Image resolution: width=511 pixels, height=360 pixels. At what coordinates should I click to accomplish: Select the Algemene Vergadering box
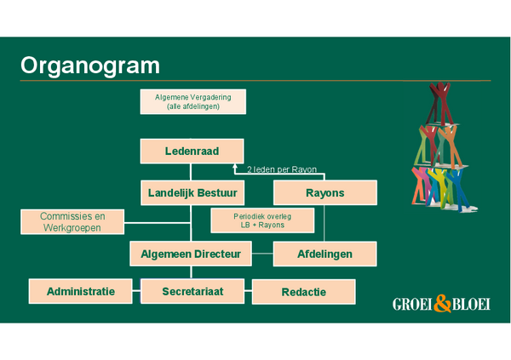192,101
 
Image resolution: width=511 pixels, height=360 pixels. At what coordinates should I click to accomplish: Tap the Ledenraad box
192,151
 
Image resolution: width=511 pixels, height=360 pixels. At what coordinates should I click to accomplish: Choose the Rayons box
324,193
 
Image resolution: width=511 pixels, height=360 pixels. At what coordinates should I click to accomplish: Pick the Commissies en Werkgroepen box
72,222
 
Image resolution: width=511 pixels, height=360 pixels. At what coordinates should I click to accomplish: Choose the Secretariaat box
192,291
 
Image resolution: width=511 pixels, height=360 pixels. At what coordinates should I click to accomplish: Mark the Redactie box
303,292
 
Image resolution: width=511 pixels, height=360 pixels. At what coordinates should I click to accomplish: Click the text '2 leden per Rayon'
282,169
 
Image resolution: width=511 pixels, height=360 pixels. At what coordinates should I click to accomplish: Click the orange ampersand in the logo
440,303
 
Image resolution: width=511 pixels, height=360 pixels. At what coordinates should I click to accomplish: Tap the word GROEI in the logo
413,304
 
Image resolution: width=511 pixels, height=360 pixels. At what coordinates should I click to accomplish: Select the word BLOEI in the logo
469,304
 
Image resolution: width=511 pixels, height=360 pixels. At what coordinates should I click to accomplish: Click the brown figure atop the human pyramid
440,100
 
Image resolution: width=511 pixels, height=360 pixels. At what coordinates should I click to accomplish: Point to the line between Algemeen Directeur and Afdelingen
262,254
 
